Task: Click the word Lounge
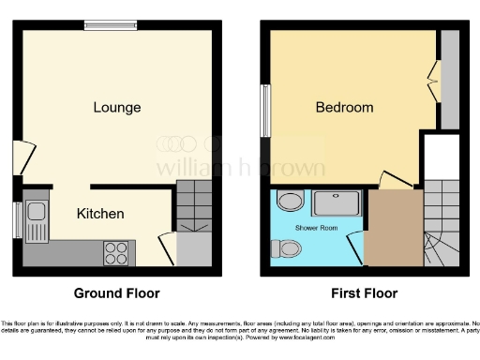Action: point(117,107)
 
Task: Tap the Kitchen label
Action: point(100,214)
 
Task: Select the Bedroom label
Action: point(344,108)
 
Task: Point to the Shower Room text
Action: point(317,228)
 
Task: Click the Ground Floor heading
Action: point(115,292)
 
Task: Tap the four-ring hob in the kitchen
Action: point(117,252)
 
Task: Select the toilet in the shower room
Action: point(287,248)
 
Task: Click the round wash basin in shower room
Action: point(289,201)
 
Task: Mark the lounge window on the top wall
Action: point(110,26)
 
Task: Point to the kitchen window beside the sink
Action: point(17,220)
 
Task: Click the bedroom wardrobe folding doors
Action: point(433,82)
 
